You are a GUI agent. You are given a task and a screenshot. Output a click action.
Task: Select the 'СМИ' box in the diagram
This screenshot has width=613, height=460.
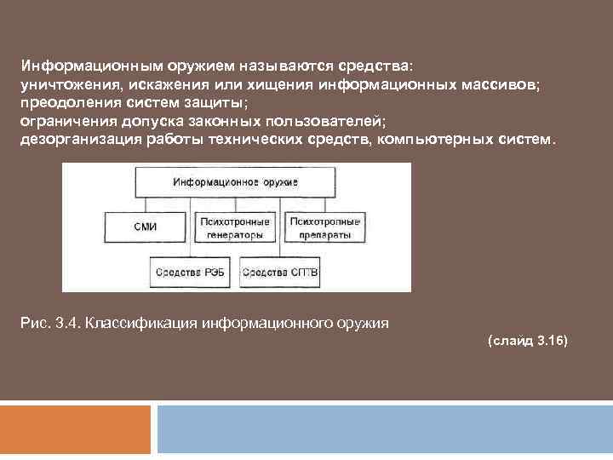tap(146, 227)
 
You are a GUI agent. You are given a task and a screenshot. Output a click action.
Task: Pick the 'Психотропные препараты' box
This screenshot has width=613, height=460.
tap(324, 227)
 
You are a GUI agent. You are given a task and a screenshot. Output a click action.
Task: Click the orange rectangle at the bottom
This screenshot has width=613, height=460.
tap(76, 432)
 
